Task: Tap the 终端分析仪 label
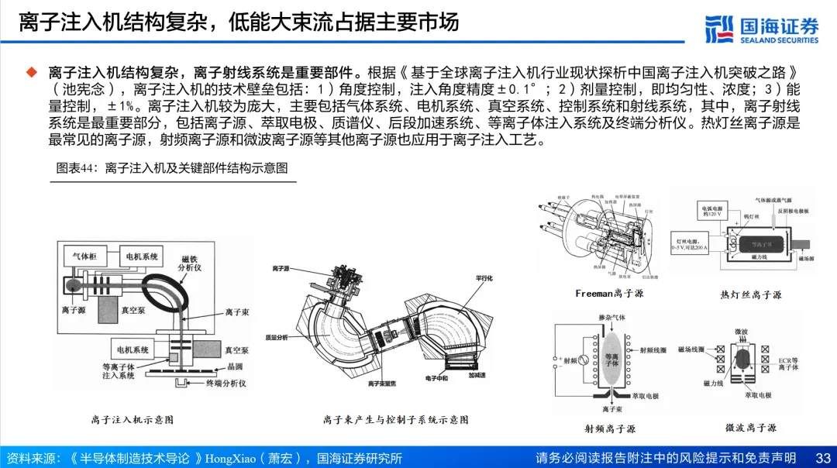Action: click(x=225, y=383)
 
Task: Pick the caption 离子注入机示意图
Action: click(x=132, y=419)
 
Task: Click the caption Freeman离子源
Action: click(x=609, y=294)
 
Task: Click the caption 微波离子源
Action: click(x=750, y=427)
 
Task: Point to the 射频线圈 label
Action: click(x=654, y=349)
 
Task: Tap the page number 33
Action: click(x=823, y=458)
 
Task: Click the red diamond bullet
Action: click(x=32, y=72)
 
